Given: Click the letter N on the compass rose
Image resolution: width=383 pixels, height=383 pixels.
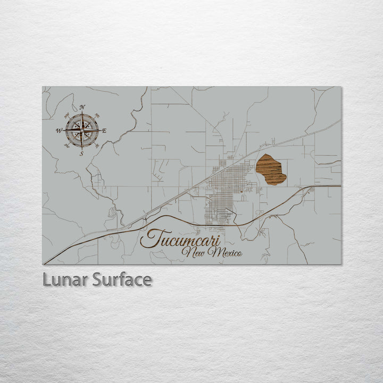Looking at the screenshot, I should tap(82, 107).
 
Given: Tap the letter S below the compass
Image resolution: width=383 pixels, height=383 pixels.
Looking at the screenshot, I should tap(81, 154).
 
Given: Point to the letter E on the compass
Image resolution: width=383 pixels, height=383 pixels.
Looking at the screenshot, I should tap(104, 130).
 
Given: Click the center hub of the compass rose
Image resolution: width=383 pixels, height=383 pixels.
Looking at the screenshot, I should tap(82, 130).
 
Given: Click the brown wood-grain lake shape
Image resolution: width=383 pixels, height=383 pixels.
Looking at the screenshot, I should tap(270, 169).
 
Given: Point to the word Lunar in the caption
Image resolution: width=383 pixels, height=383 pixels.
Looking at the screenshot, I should tap(65, 280).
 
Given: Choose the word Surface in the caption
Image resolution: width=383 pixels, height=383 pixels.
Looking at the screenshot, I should tap(122, 280).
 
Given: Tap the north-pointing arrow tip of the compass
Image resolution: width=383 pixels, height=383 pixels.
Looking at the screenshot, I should tap(82, 112).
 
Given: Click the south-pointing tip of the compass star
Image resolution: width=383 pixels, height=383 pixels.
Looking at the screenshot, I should tap(82, 148).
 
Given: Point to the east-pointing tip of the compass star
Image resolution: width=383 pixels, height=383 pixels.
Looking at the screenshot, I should tap(100, 130).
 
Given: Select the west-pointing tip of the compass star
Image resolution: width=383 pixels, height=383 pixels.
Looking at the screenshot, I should tap(64, 130).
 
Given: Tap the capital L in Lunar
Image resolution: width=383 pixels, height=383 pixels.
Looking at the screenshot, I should tap(46, 280).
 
